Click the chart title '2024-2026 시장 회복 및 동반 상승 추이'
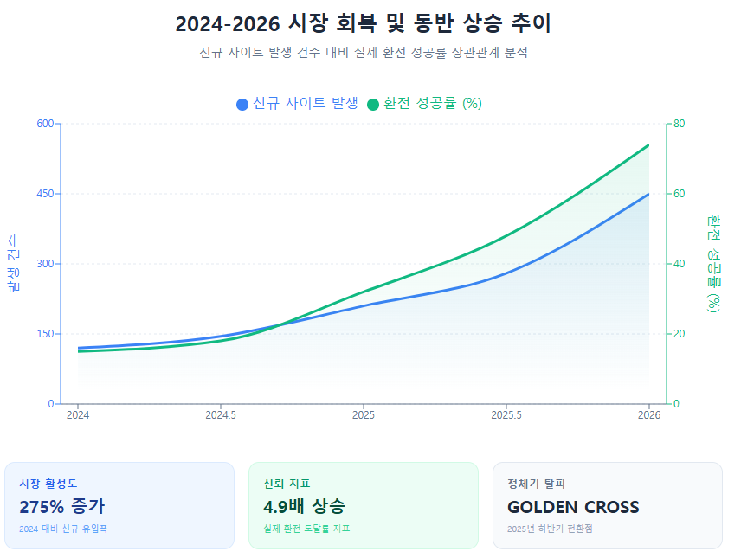[x=363, y=24]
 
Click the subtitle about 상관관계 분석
[x=363, y=53]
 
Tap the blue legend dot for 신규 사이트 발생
[x=242, y=104]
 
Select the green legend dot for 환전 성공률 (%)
[x=373, y=104]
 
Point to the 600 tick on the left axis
[x=46, y=124]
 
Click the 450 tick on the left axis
[x=46, y=194]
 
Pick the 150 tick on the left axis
[x=46, y=334]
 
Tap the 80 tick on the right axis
[x=680, y=124]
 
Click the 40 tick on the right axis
[x=680, y=264]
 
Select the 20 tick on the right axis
[x=680, y=334]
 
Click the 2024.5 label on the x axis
[x=221, y=416]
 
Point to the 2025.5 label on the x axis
[x=506, y=416]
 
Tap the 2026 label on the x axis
[x=649, y=416]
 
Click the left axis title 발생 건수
[x=14, y=264]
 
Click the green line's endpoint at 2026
[x=648, y=145]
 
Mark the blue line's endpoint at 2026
[x=648, y=194]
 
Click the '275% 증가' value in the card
[x=61, y=507]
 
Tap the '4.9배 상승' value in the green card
[x=304, y=507]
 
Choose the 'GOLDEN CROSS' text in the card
[x=573, y=507]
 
